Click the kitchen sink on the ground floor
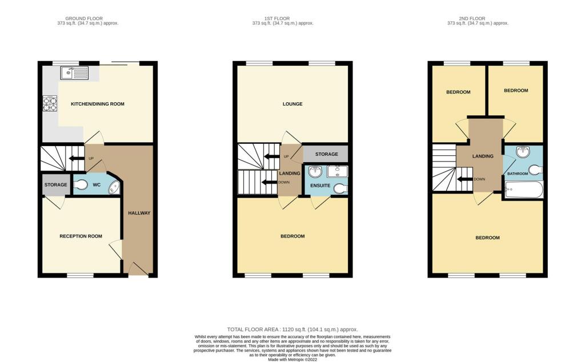click(x=74, y=73)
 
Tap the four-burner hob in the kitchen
click(x=50, y=104)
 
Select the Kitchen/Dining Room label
click(x=98, y=104)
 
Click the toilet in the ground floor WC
click(x=81, y=184)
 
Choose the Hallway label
click(x=139, y=213)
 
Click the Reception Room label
click(x=81, y=236)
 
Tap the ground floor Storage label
click(x=56, y=184)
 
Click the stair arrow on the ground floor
click(x=77, y=158)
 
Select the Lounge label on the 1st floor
click(x=292, y=104)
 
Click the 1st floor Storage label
click(x=326, y=154)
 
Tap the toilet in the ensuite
click(x=340, y=189)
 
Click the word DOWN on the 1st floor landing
click(x=284, y=182)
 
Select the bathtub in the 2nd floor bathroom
click(x=524, y=190)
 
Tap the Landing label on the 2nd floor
click(x=483, y=156)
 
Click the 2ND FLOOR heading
click(x=472, y=18)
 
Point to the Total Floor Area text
click(x=292, y=329)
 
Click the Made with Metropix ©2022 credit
click(x=292, y=360)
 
